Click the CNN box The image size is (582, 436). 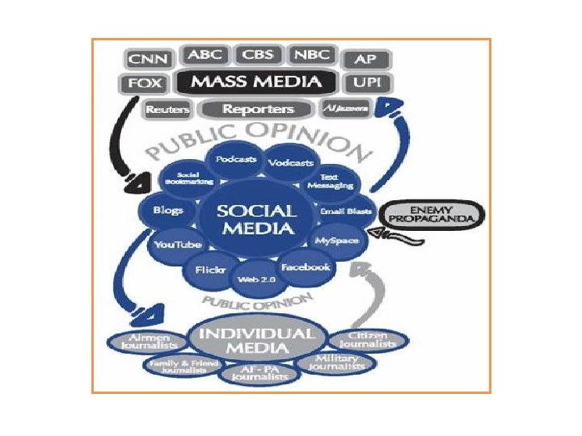pyautogui.click(x=150, y=59)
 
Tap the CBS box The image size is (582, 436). pyautogui.click(x=259, y=55)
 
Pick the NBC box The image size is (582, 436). pyautogui.click(x=310, y=55)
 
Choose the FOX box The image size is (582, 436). pyautogui.click(x=145, y=83)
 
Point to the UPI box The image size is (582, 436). pyautogui.click(x=368, y=83)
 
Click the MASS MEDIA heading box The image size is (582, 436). pyautogui.click(x=257, y=81)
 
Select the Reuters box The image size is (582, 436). pyautogui.click(x=167, y=109)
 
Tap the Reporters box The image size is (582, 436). pyautogui.click(x=258, y=109)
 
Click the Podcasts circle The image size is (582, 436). pyautogui.click(x=235, y=160)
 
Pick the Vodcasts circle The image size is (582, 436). pyautogui.click(x=289, y=163)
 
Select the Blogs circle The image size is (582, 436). pyautogui.click(x=167, y=211)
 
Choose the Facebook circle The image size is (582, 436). pyautogui.click(x=306, y=266)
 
